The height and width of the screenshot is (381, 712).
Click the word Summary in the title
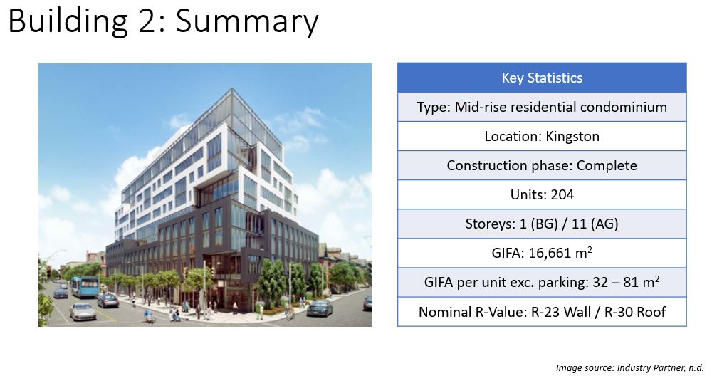[x=247, y=21]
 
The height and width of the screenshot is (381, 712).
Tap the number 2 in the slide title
[x=147, y=21]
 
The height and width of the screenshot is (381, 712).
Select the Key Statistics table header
[x=542, y=78]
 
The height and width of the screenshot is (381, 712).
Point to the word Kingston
[x=572, y=136]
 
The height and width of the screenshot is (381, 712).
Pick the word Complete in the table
[x=607, y=165]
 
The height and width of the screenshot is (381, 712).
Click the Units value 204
[x=562, y=195]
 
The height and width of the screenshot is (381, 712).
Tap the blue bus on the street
[x=85, y=286]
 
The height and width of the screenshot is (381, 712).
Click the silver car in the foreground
[x=83, y=312]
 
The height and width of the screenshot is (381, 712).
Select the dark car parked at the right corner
[x=320, y=308]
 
